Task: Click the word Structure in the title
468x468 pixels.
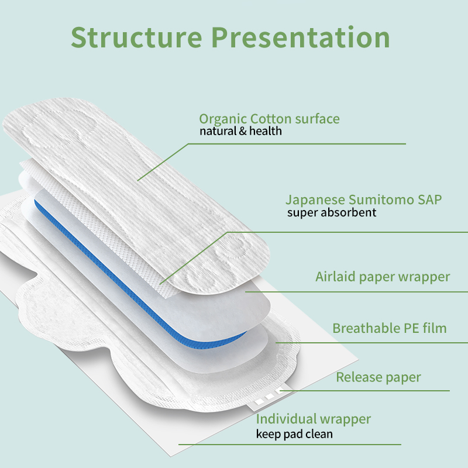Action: tap(136, 37)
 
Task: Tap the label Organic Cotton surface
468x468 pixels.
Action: tap(269, 119)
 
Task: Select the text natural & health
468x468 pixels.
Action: tap(240, 132)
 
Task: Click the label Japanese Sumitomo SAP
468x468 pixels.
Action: tap(363, 199)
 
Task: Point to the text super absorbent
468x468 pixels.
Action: tap(331, 212)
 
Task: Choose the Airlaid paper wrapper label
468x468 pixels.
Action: tap(383, 277)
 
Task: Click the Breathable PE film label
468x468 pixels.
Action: tap(389, 328)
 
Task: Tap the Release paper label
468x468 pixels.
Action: tap(378, 377)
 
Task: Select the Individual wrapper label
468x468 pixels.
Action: tap(314, 419)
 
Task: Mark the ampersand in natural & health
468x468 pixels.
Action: tap(243, 132)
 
